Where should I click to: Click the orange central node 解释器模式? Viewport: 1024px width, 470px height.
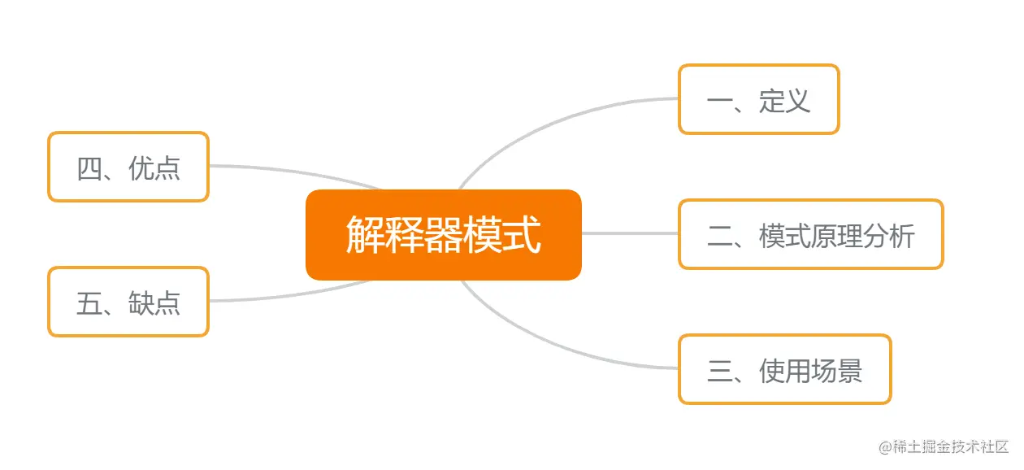(x=443, y=235)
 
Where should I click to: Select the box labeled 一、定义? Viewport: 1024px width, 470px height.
(x=758, y=99)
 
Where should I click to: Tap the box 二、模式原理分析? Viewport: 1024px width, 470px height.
(x=810, y=234)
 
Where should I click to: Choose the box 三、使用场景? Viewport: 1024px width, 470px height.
(x=784, y=369)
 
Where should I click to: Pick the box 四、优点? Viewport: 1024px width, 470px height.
(x=128, y=167)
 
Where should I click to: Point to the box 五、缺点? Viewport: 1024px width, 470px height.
(x=128, y=302)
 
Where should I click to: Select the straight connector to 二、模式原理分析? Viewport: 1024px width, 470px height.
(x=630, y=233)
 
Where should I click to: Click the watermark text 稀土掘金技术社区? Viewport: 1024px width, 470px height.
(x=952, y=446)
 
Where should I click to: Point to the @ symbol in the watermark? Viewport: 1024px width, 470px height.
(x=885, y=446)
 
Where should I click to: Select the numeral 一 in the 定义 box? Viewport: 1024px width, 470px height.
(x=719, y=101)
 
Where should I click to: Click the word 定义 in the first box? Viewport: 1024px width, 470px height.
(x=785, y=100)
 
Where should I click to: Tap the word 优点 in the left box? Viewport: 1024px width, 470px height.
(x=154, y=168)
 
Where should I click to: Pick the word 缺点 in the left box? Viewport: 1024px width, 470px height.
(x=154, y=302)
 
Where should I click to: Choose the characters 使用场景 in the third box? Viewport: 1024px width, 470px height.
(x=810, y=371)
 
